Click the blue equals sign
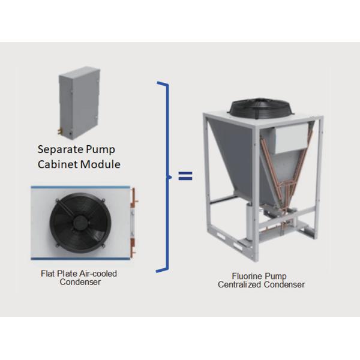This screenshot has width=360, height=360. (183, 176)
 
